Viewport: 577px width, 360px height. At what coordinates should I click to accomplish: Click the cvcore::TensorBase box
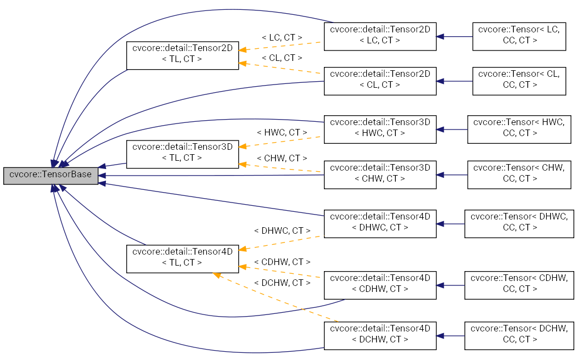[x=51, y=176]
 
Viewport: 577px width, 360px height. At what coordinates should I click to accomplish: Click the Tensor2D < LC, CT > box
[x=380, y=37]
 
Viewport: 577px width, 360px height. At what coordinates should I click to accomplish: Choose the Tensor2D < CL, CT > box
[x=380, y=81]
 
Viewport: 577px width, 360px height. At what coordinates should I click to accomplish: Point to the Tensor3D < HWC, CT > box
[x=380, y=129]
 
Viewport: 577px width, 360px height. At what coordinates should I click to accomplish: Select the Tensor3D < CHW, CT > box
[x=380, y=175]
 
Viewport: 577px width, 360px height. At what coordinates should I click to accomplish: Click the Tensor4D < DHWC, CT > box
[x=380, y=223]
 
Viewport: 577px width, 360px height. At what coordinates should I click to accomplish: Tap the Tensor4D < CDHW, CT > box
[x=380, y=285]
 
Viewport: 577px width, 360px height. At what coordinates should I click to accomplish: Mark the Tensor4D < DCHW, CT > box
[x=380, y=335]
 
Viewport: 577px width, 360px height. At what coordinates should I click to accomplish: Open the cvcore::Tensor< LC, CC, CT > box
[x=519, y=37]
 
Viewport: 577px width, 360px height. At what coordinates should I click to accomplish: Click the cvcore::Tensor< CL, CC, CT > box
[x=519, y=81]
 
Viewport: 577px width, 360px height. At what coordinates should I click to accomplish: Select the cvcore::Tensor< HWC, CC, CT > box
[x=519, y=129]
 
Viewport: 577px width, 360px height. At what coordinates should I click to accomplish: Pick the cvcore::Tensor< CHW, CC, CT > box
[x=519, y=175]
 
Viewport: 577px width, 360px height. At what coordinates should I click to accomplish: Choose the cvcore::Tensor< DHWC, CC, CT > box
[x=519, y=223]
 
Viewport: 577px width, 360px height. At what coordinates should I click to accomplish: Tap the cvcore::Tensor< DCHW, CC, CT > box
[x=519, y=335]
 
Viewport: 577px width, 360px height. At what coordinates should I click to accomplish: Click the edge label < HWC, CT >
[x=282, y=133]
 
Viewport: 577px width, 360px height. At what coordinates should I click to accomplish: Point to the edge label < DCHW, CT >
[x=282, y=283]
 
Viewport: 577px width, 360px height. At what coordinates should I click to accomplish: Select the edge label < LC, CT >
[x=282, y=38]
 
